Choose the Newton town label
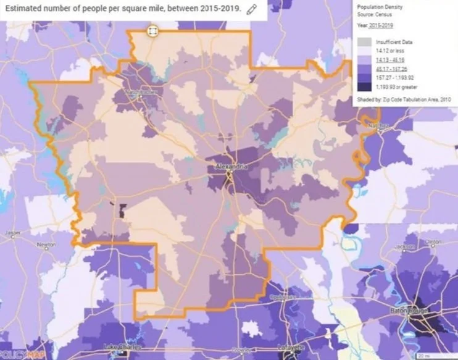pyautogui.click(x=46, y=245)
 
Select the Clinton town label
pyautogui.click(x=433, y=241)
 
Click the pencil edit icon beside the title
pyautogui.click(x=251, y=9)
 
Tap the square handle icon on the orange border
pyautogui.click(x=152, y=30)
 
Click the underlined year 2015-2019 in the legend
pyautogui.click(x=381, y=25)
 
